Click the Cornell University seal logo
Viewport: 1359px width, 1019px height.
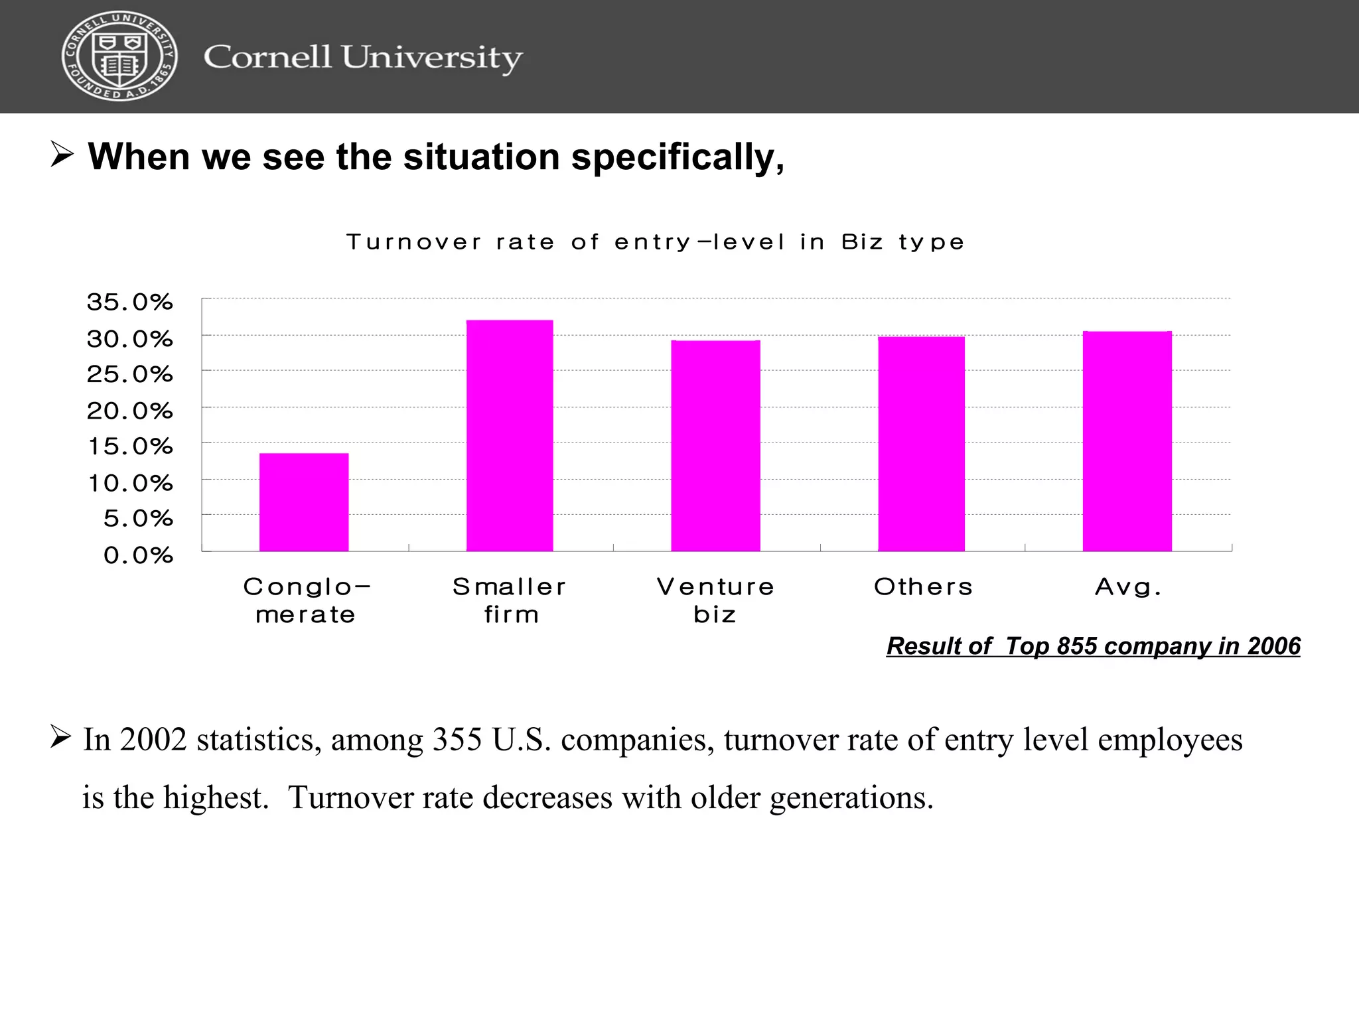click(x=119, y=56)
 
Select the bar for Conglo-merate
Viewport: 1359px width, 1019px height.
click(x=304, y=502)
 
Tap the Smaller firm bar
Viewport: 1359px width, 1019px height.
click(x=510, y=436)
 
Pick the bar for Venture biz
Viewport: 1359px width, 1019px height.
click(x=715, y=446)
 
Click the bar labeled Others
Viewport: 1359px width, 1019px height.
click(x=921, y=444)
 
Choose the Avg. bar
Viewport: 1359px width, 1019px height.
click(x=1127, y=441)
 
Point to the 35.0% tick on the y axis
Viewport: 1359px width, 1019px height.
click(x=130, y=303)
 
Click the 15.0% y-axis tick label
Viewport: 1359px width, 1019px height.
click(x=130, y=446)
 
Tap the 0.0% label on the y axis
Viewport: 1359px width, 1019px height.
click(x=138, y=555)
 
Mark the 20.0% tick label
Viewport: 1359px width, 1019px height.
click(x=130, y=411)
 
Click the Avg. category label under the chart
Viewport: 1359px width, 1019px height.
click(x=1128, y=587)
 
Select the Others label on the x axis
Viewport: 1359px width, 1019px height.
click(x=923, y=587)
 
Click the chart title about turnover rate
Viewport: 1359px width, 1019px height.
click(x=655, y=242)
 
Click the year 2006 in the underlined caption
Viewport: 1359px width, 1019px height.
click(x=1273, y=646)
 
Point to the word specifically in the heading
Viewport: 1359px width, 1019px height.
click(x=678, y=157)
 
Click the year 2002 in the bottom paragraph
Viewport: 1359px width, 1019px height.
click(x=154, y=740)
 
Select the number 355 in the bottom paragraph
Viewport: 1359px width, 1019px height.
click(x=457, y=740)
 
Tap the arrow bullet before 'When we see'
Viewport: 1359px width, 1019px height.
click(x=62, y=155)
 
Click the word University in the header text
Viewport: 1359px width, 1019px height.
click(x=432, y=58)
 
